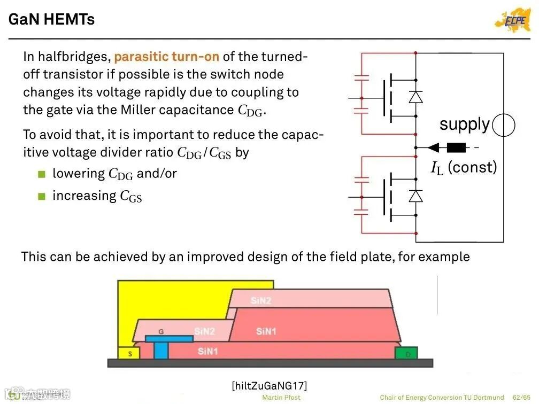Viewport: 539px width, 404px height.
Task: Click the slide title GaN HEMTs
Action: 52,20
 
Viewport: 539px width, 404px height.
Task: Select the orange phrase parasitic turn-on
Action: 166,57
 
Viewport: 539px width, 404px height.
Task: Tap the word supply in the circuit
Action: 464,125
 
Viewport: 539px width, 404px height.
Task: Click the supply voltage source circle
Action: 503,126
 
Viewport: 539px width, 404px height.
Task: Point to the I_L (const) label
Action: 464,168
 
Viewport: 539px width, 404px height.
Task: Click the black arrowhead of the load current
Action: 434,147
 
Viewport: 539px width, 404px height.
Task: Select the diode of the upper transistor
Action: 415,97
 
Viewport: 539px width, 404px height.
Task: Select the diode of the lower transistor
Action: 415,196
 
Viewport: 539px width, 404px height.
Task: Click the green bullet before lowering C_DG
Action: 42,174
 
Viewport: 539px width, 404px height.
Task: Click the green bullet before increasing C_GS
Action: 42,196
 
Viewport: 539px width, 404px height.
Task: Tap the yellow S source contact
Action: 128,353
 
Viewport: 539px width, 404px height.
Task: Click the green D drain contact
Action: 406,353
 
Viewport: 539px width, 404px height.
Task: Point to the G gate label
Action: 161,332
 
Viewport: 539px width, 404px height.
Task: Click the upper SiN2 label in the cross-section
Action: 261,300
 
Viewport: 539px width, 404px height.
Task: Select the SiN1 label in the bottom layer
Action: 208,351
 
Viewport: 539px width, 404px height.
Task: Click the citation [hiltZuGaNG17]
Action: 269,386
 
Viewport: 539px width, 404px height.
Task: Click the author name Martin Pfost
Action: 281,398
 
